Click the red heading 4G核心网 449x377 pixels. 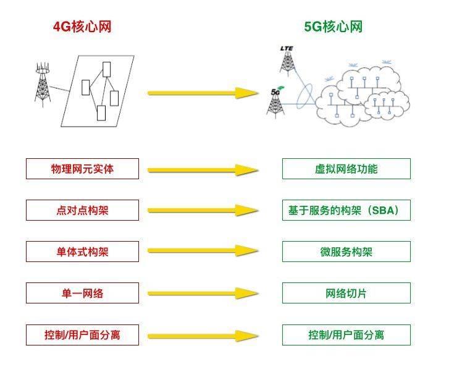click(x=82, y=27)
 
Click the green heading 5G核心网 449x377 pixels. click(x=333, y=27)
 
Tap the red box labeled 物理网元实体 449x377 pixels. click(x=82, y=169)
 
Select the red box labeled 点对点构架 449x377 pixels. click(x=82, y=211)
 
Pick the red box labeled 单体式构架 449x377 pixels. click(x=82, y=252)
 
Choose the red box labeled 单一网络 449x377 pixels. click(x=82, y=293)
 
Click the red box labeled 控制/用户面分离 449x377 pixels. click(x=82, y=335)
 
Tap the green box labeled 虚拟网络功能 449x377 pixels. click(x=346, y=169)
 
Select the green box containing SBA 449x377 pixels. click(x=346, y=211)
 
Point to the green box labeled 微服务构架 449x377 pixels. click(x=346, y=252)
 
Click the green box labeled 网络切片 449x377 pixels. click(x=346, y=293)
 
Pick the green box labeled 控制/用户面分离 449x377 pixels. click(x=346, y=335)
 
